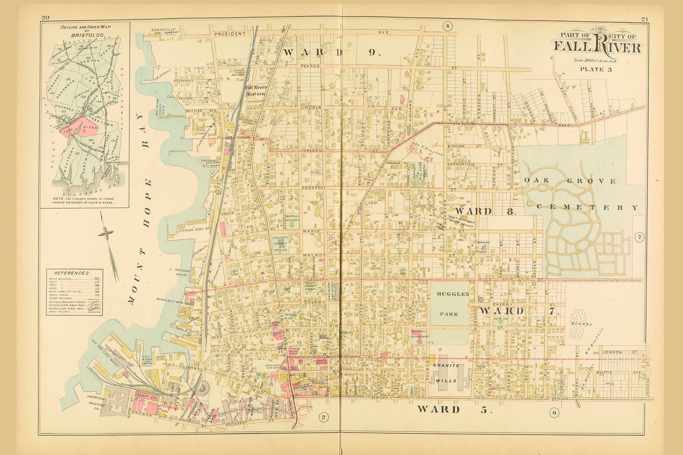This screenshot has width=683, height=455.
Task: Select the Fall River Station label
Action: (256, 90)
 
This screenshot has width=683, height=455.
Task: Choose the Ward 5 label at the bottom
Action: (453, 409)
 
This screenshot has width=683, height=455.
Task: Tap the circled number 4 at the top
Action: (447, 27)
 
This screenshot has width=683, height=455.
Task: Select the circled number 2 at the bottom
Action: (323, 416)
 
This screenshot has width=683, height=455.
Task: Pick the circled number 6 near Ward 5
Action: (554, 413)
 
